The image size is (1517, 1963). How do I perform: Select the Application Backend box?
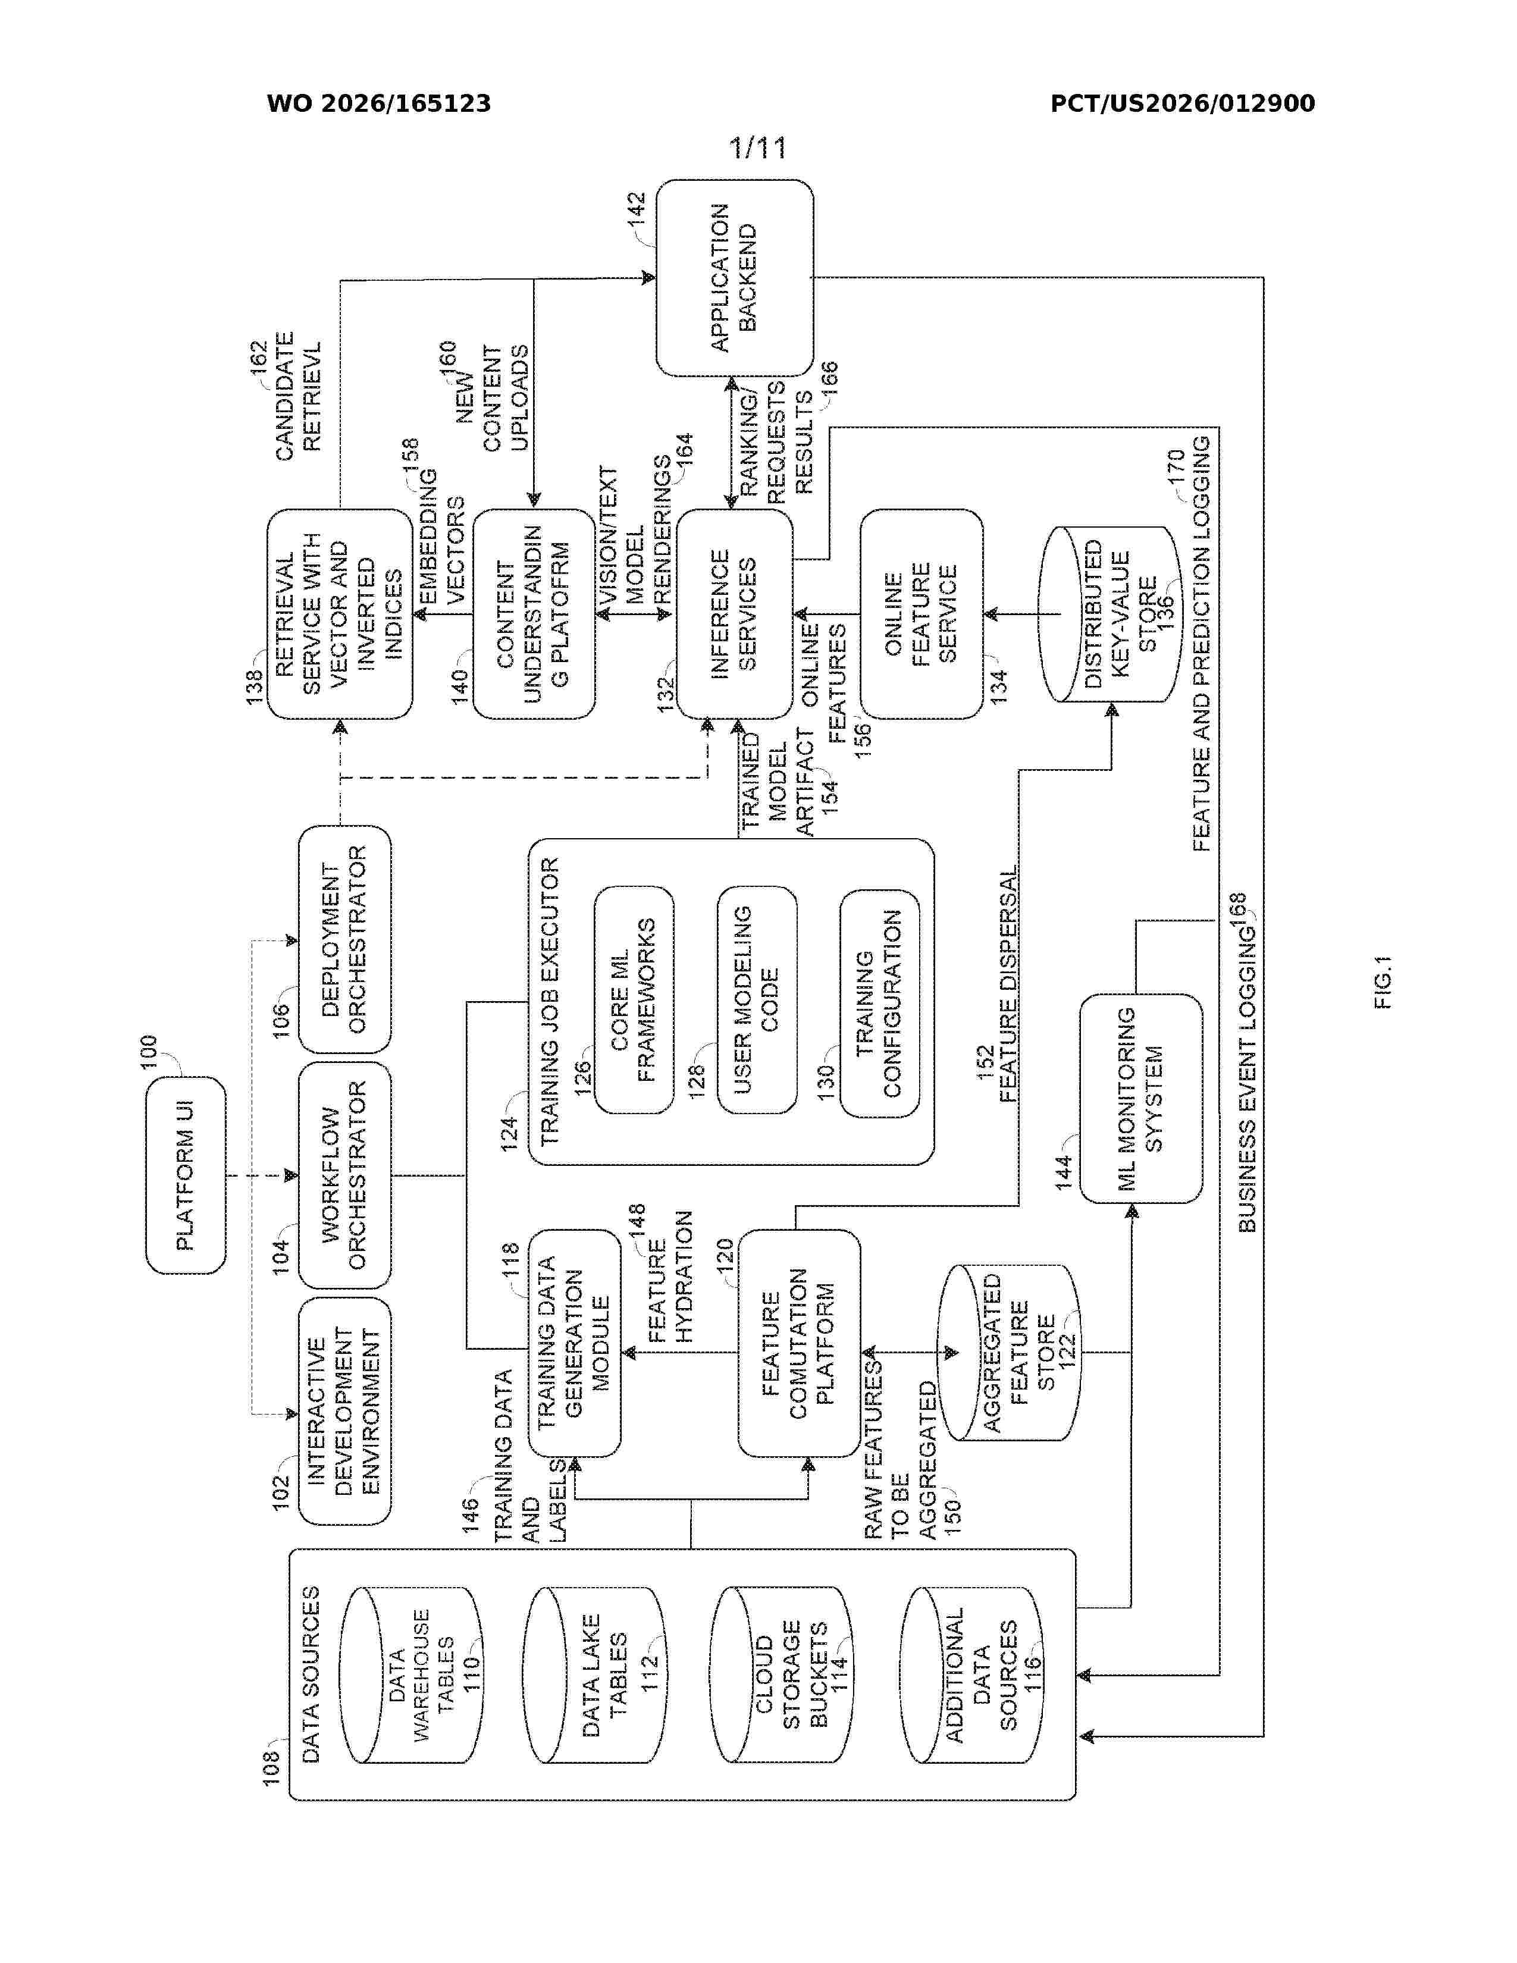click(734, 278)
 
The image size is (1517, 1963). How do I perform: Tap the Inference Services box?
click(734, 614)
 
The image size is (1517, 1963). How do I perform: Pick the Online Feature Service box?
click(921, 614)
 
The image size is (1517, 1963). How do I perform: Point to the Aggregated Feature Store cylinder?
click(1007, 1353)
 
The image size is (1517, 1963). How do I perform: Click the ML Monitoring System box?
click(1140, 1098)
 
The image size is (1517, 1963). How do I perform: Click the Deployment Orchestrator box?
click(345, 939)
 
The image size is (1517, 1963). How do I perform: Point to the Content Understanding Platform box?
click(534, 614)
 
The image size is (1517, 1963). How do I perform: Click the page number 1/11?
click(757, 148)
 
